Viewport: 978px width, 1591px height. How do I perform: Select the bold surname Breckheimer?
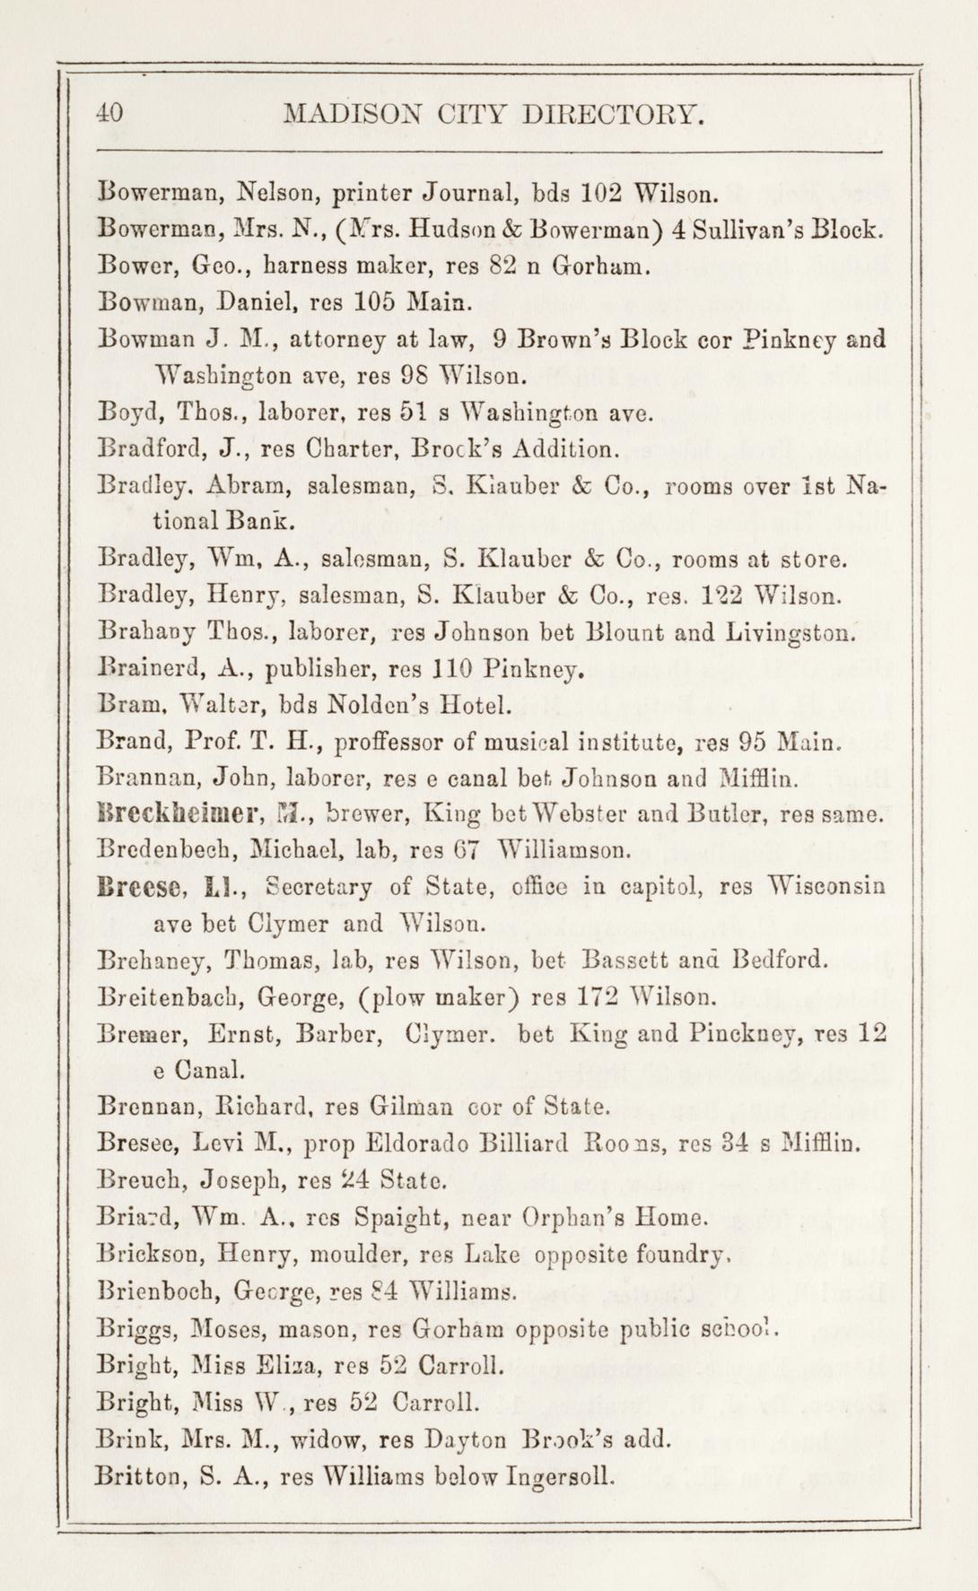point(179,816)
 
